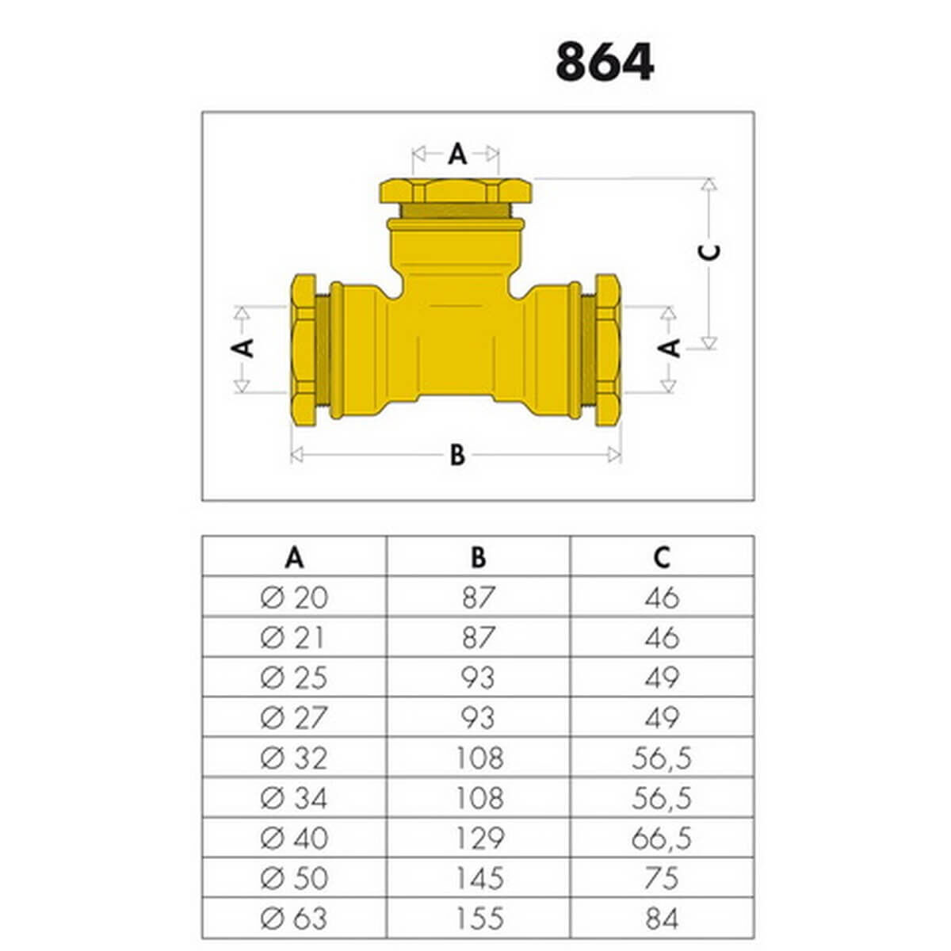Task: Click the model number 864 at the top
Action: point(605,62)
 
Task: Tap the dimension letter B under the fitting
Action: point(457,455)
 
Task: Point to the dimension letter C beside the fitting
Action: point(709,252)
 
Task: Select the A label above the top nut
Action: point(457,154)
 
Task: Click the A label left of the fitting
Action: point(243,349)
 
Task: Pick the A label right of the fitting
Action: point(669,349)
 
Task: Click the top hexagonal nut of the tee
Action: point(456,191)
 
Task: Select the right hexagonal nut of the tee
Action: point(608,350)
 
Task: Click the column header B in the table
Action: point(478,558)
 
